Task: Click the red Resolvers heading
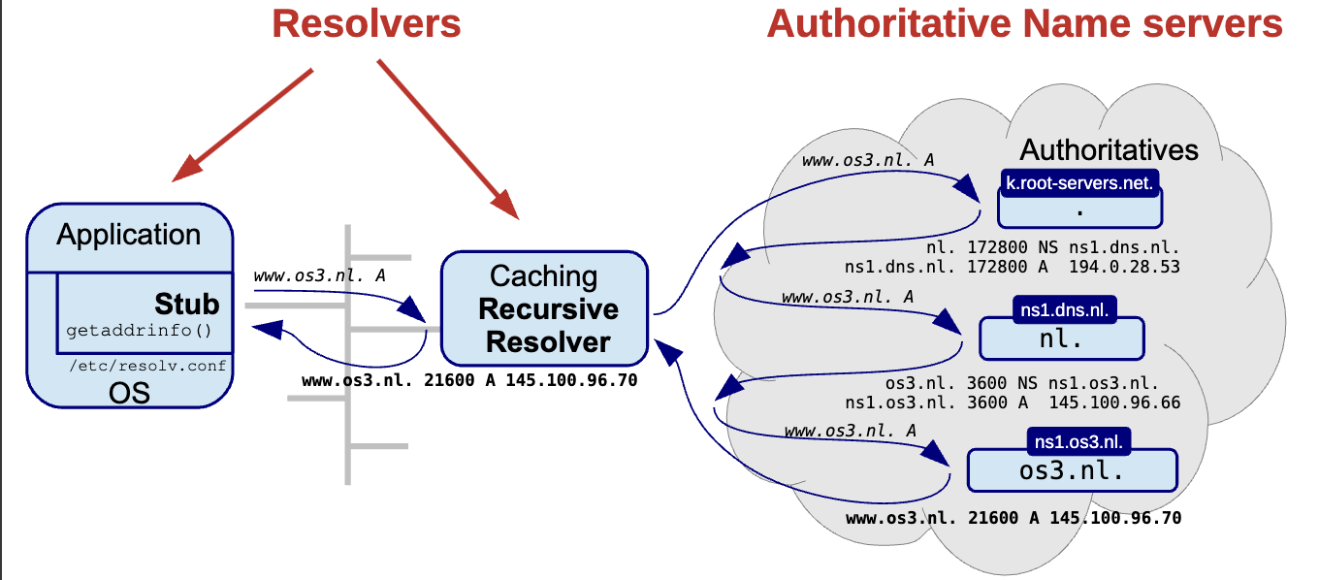(x=366, y=23)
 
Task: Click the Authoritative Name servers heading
(x=1024, y=23)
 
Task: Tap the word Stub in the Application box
(x=187, y=304)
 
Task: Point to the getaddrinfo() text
(x=139, y=331)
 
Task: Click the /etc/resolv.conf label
(x=147, y=365)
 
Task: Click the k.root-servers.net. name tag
(x=1079, y=182)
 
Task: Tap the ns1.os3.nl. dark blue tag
(x=1078, y=441)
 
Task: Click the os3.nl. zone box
(x=1072, y=471)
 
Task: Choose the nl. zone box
(x=1061, y=340)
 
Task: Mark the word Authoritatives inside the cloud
(x=1109, y=150)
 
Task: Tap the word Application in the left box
(x=129, y=235)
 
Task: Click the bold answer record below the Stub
(x=469, y=380)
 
